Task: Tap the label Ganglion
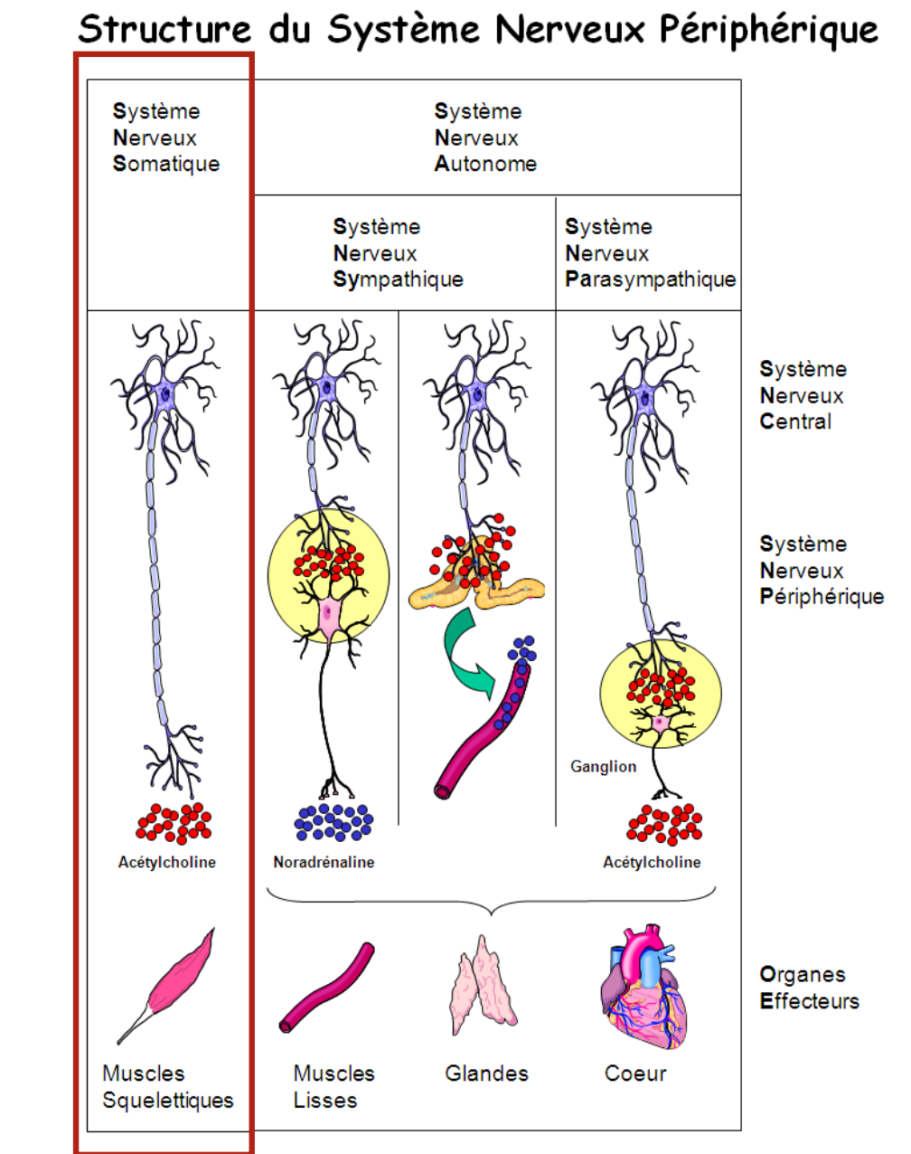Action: click(603, 766)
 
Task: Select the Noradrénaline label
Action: click(324, 862)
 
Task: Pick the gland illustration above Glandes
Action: click(484, 987)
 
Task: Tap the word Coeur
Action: click(635, 1074)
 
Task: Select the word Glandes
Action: click(486, 1074)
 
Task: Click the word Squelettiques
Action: click(168, 1100)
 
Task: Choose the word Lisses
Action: click(325, 1100)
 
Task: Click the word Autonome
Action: click(485, 164)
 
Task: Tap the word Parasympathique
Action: click(650, 279)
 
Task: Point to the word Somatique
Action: click(166, 164)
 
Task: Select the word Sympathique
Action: click(398, 279)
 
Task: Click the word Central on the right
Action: click(795, 421)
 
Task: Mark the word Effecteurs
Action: click(810, 1001)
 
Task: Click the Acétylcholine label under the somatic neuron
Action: click(167, 862)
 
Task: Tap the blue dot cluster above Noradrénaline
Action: click(333, 821)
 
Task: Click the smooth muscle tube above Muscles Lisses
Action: click(326, 987)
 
